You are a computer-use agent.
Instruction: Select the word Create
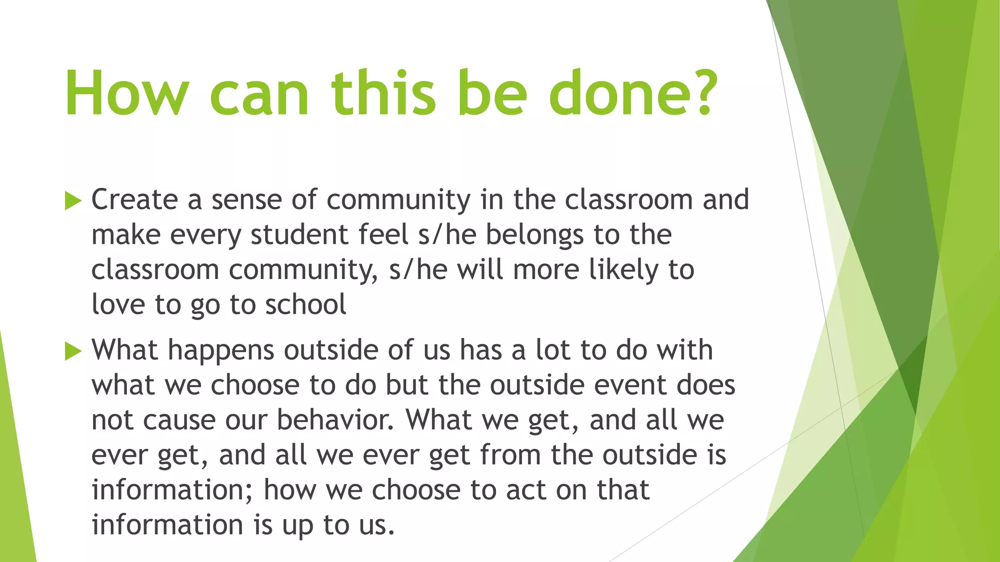tap(135, 200)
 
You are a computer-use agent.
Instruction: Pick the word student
tap(299, 235)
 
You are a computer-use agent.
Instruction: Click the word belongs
tap(534, 235)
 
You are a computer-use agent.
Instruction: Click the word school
tap(306, 305)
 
